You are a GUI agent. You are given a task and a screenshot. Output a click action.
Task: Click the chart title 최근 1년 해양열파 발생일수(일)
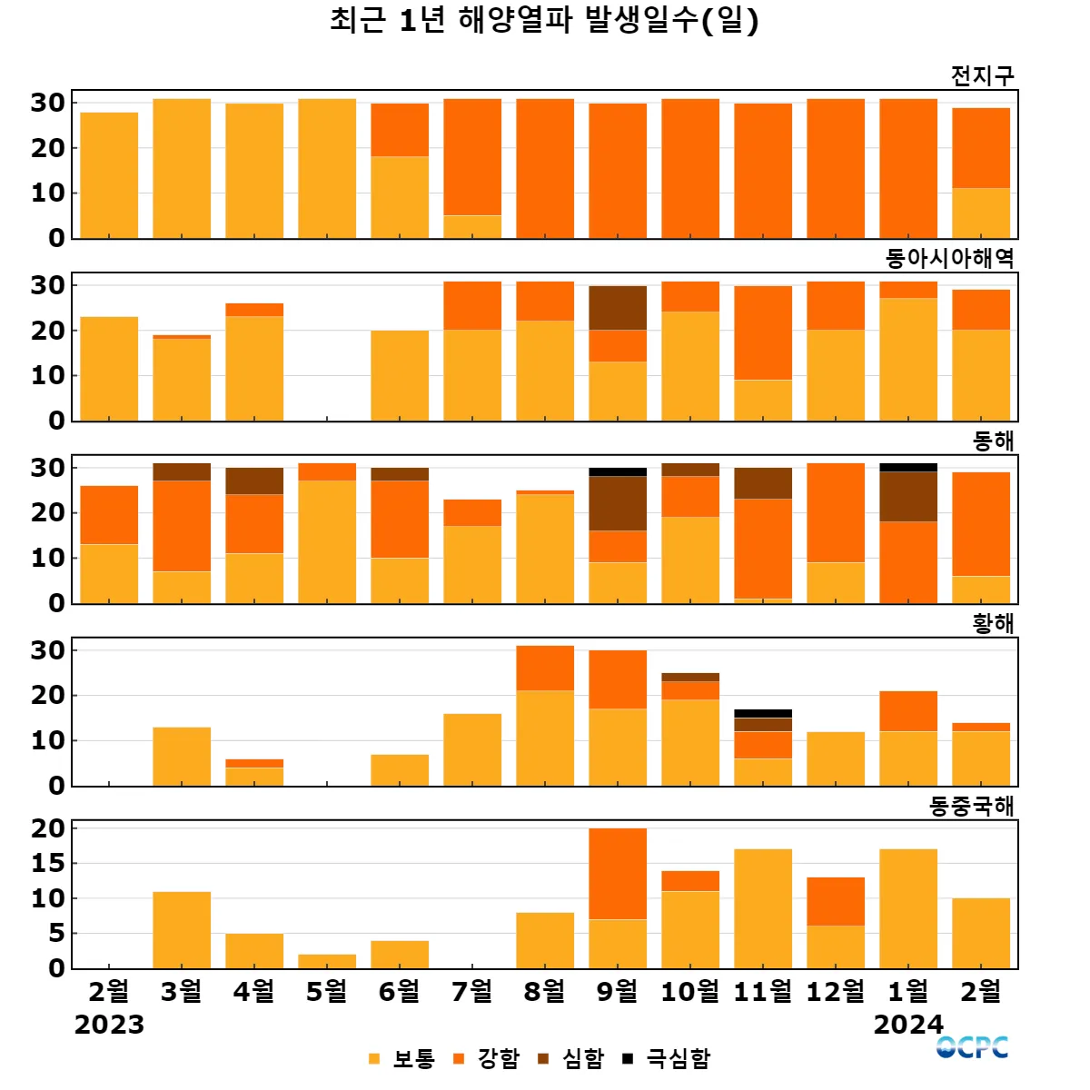pyautogui.click(x=544, y=20)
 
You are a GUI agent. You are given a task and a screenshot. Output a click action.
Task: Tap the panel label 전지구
pyautogui.click(x=982, y=75)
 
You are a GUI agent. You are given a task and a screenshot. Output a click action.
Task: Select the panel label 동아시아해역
pyautogui.click(x=949, y=259)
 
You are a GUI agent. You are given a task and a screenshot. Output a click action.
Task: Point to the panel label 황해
pyautogui.click(x=993, y=624)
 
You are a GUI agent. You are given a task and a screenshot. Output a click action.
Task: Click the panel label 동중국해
pyautogui.click(x=971, y=807)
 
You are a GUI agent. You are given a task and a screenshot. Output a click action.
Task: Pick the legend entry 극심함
pyautogui.click(x=668, y=1058)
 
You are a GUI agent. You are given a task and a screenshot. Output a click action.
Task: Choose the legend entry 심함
pyautogui.click(x=572, y=1058)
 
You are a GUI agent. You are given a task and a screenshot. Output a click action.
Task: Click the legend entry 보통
pyautogui.click(x=402, y=1058)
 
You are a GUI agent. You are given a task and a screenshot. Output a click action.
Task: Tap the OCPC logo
pyautogui.click(x=972, y=1048)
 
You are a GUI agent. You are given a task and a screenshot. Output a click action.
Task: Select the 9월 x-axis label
pyautogui.click(x=618, y=991)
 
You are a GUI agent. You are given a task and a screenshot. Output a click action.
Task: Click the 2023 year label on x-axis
pyautogui.click(x=109, y=1025)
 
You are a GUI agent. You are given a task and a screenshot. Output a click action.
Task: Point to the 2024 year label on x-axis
pyautogui.click(x=908, y=1025)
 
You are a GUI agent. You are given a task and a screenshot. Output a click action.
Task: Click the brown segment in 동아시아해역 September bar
pyautogui.click(x=618, y=308)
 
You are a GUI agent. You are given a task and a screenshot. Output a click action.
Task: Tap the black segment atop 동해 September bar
pyautogui.click(x=618, y=472)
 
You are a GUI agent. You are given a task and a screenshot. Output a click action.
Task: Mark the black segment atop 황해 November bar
pyautogui.click(x=763, y=714)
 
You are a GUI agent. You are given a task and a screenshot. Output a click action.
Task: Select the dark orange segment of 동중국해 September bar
pyautogui.click(x=618, y=874)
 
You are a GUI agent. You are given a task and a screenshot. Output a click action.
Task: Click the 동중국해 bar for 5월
pyautogui.click(x=327, y=961)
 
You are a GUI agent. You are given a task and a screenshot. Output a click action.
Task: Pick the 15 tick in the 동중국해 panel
pyautogui.click(x=48, y=864)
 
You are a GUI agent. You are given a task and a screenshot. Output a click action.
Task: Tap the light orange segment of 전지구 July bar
pyautogui.click(x=472, y=227)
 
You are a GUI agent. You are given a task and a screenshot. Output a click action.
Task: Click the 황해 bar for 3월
pyautogui.click(x=182, y=757)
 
